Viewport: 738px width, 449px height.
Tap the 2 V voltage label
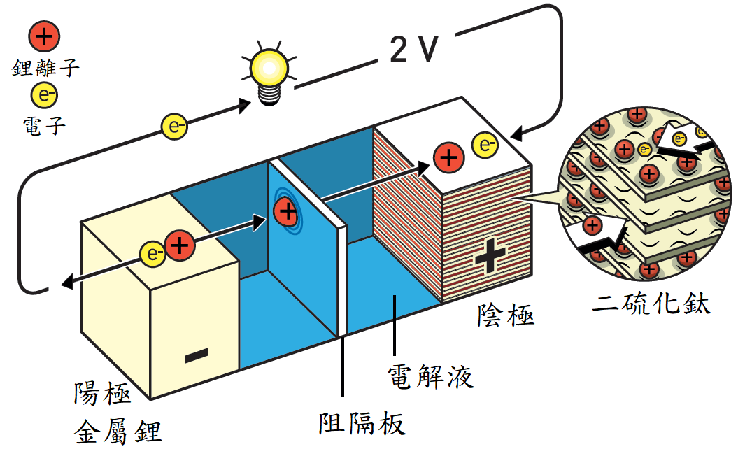(x=413, y=48)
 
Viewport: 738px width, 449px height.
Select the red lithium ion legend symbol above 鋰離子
(x=44, y=36)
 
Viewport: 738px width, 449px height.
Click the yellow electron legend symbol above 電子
(x=44, y=95)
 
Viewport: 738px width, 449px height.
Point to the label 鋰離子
(x=45, y=68)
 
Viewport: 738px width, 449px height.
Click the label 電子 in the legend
(x=44, y=126)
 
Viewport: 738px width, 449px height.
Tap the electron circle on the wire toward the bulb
(x=175, y=127)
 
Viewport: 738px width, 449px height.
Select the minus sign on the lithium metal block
(x=197, y=355)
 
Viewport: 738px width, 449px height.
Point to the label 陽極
(x=102, y=393)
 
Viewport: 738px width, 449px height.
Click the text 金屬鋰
(x=118, y=431)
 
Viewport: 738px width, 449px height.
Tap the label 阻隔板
(x=362, y=424)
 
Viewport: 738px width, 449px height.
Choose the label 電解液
(x=431, y=376)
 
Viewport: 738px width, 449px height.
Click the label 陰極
(x=506, y=315)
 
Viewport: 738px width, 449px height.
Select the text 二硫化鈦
(x=651, y=303)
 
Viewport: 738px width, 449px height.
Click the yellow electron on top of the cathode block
(x=485, y=145)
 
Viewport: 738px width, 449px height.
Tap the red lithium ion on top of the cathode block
(x=448, y=157)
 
